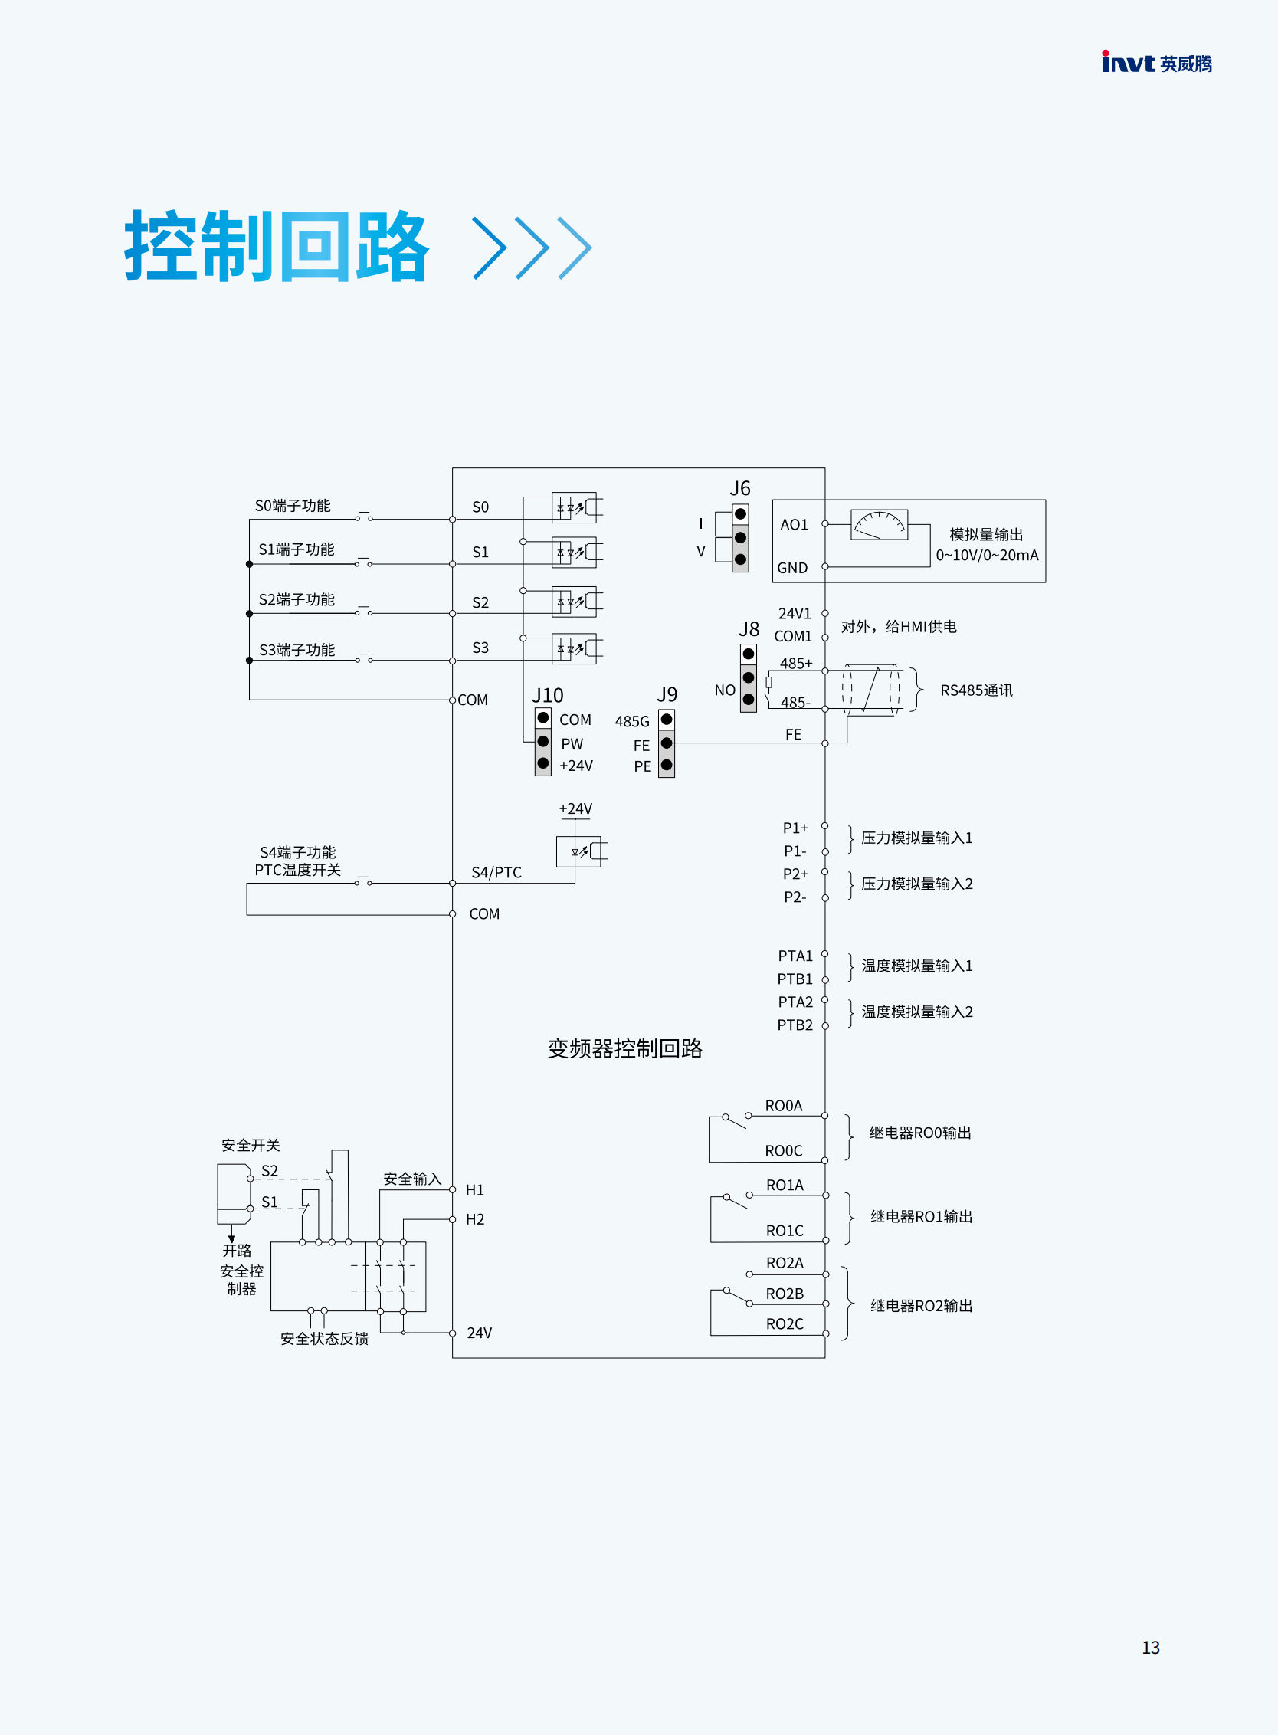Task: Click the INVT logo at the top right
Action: pos(1156,63)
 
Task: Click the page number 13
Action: pos(1150,1648)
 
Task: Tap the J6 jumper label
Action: pos(739,488)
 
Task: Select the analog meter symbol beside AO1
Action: pos(879,524)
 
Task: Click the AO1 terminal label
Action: pos(794,525)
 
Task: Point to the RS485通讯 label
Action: pos(976,690)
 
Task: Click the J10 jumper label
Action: pos(547,695)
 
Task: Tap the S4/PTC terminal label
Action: pos(496,872)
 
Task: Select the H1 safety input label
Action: pos(474,1190)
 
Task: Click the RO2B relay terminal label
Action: pos(785,1294)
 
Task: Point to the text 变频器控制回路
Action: pos(625,1048)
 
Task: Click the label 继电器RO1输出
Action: pos(922,1216)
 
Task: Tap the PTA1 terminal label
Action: pos(795,956)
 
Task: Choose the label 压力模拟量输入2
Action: pos(916,884)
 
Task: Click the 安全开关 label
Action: pos(251,1146)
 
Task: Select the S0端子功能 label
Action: pos(293,505)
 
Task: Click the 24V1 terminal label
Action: pos(795,614)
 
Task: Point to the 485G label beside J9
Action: pos(632,721)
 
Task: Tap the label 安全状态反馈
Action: pos(324,1339)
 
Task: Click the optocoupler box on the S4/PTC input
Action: pos(578,852)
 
